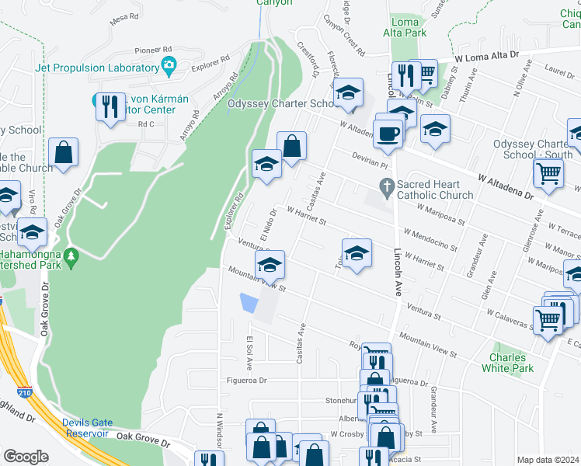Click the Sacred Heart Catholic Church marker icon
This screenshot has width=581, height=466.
(386, 186)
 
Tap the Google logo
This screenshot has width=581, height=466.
(26, 457)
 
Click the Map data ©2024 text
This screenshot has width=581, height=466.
(547, 460)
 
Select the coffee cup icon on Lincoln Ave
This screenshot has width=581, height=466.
(388, 133)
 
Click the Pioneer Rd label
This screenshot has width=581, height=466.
(152, 48)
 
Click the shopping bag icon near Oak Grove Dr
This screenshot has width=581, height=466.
(63, 152)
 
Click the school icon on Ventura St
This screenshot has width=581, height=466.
(270, 266)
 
